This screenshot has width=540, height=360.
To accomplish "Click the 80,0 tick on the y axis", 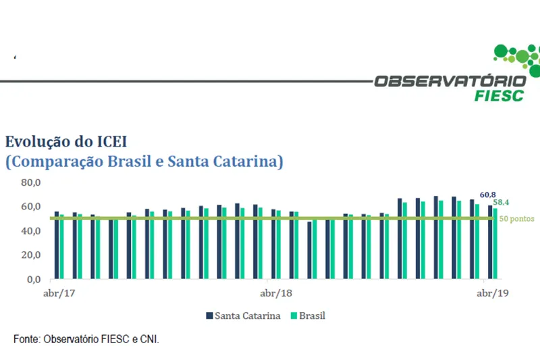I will pyautogui.click(x=31, y=182).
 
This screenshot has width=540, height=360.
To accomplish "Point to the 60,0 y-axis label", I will pyautogui.click(x=31, y=207).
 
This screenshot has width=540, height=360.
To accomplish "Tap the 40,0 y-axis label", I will pyautogui.click(x=31, y=231).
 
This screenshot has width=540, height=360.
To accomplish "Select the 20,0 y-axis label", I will pyautogui.click(x=31, y=255).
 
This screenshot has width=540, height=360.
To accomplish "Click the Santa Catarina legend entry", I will pyautogui.click(x=242, y=315).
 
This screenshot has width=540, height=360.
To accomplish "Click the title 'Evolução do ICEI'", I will pyautogui.click(x=66, y=141).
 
